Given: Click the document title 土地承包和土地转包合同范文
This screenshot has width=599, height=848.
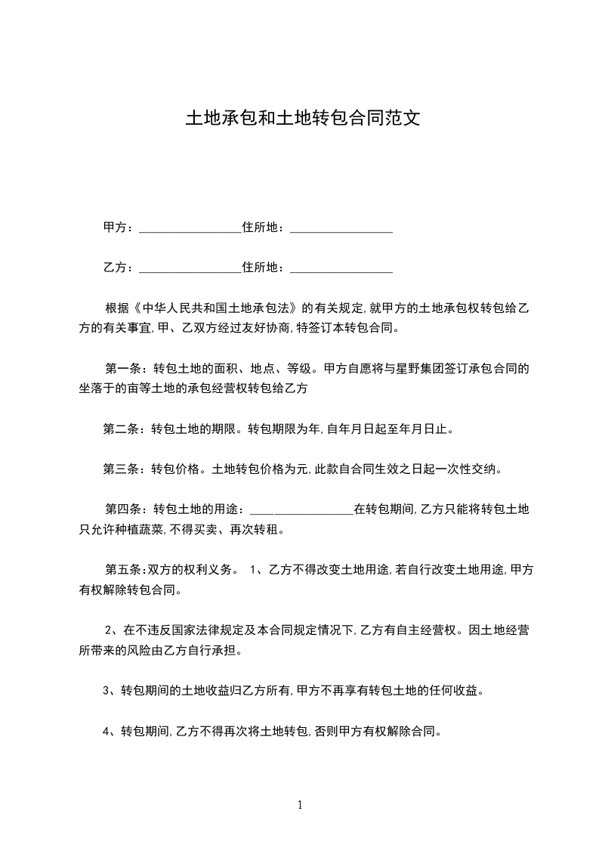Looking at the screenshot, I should point(302,119).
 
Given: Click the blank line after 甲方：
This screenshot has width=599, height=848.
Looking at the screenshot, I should point(190,228).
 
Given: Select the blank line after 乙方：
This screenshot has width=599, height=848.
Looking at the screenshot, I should point(190,268).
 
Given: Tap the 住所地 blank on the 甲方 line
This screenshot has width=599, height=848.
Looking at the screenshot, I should point(341,228).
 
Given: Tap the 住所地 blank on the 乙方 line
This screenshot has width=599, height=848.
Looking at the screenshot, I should point(341,268).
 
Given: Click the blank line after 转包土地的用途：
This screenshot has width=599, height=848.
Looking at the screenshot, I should point(301,510).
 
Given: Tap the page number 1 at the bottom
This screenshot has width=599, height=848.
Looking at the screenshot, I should point(300,805).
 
